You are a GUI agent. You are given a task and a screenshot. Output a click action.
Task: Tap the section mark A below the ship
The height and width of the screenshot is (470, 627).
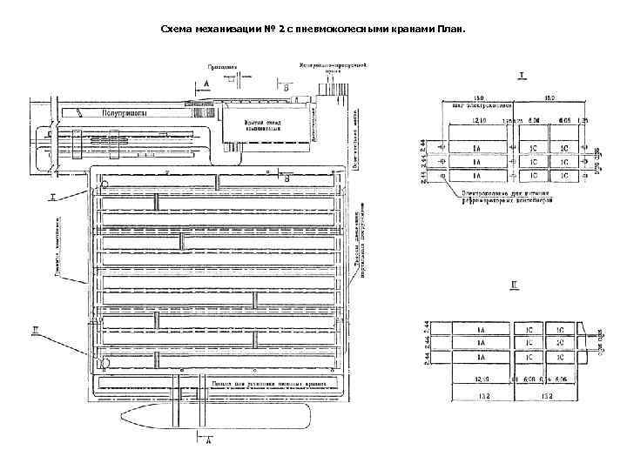[x=208, y=441]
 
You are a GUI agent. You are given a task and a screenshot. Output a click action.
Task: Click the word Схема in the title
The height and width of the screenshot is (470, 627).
[x=179, y=29]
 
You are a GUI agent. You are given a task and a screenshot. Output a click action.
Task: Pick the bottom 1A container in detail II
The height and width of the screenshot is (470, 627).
[x=480, y=357]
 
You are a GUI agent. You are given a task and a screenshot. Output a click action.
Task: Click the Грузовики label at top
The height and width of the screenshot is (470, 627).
[x=222, y=65]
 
